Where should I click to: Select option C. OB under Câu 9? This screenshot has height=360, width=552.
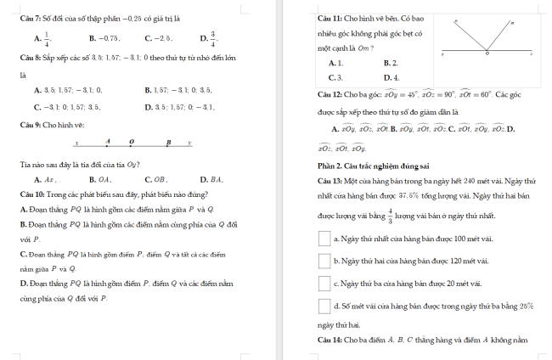click(160, 180)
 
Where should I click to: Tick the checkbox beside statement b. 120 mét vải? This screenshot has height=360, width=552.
click(324, 261)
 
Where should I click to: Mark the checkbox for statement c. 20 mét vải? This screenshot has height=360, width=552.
click(324, 283)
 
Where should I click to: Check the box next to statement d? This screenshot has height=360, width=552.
click(324, 305)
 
